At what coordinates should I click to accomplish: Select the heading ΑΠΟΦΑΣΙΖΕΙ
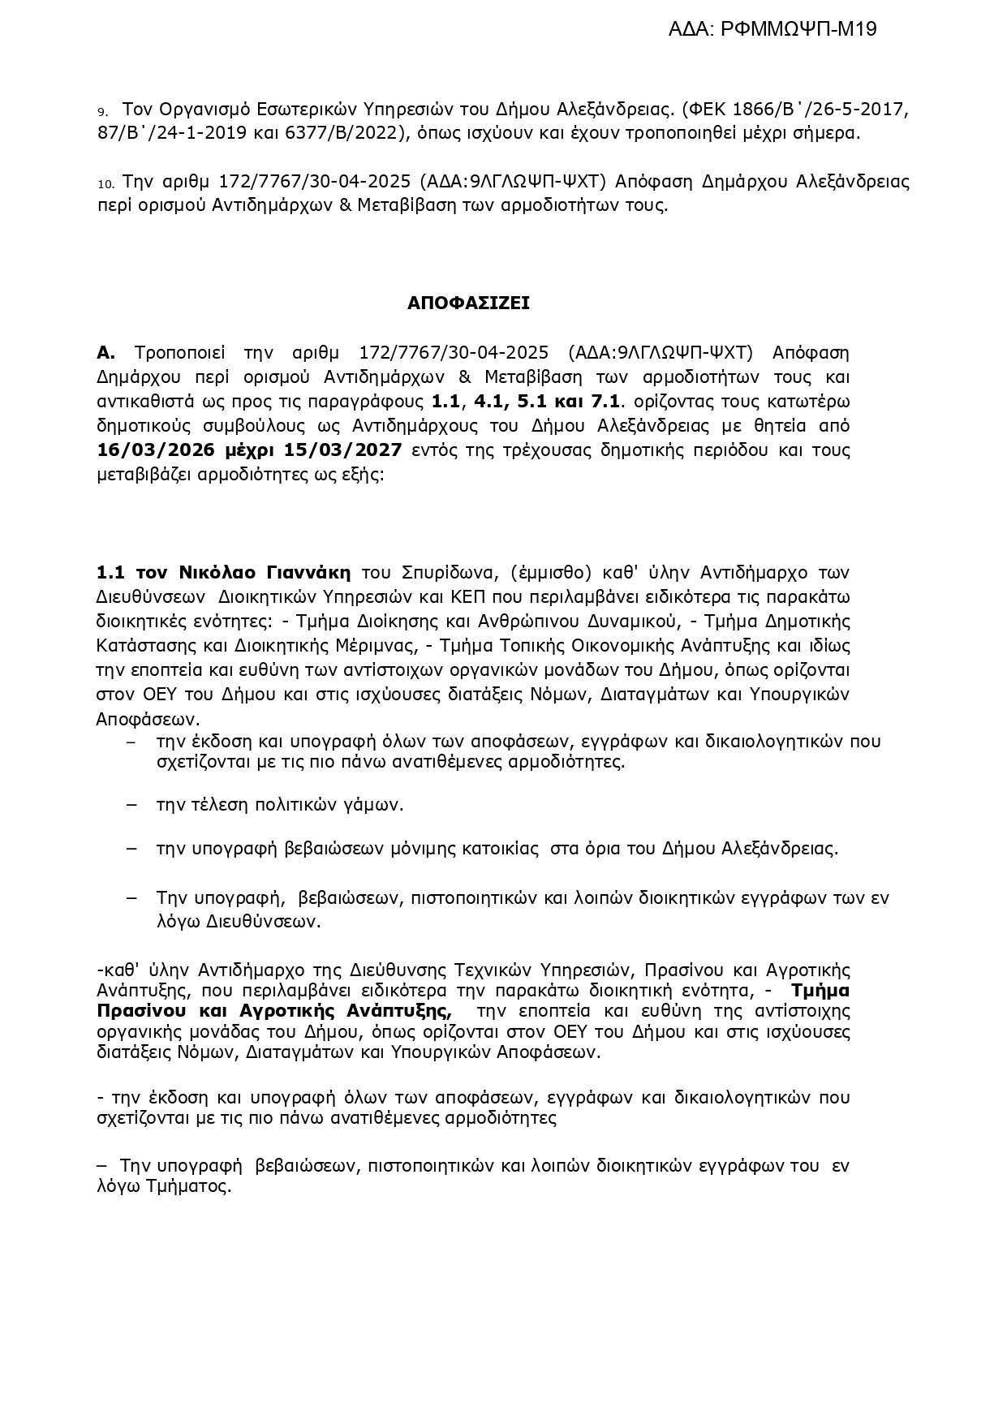[x=468, y=303]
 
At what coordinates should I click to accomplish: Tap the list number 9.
[x=102, y=110]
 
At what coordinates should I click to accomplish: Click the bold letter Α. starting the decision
[x=106, y=353]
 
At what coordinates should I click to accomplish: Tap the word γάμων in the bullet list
[x=377, y=805]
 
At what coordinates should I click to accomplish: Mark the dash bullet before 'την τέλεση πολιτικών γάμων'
[x=132, y=805]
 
